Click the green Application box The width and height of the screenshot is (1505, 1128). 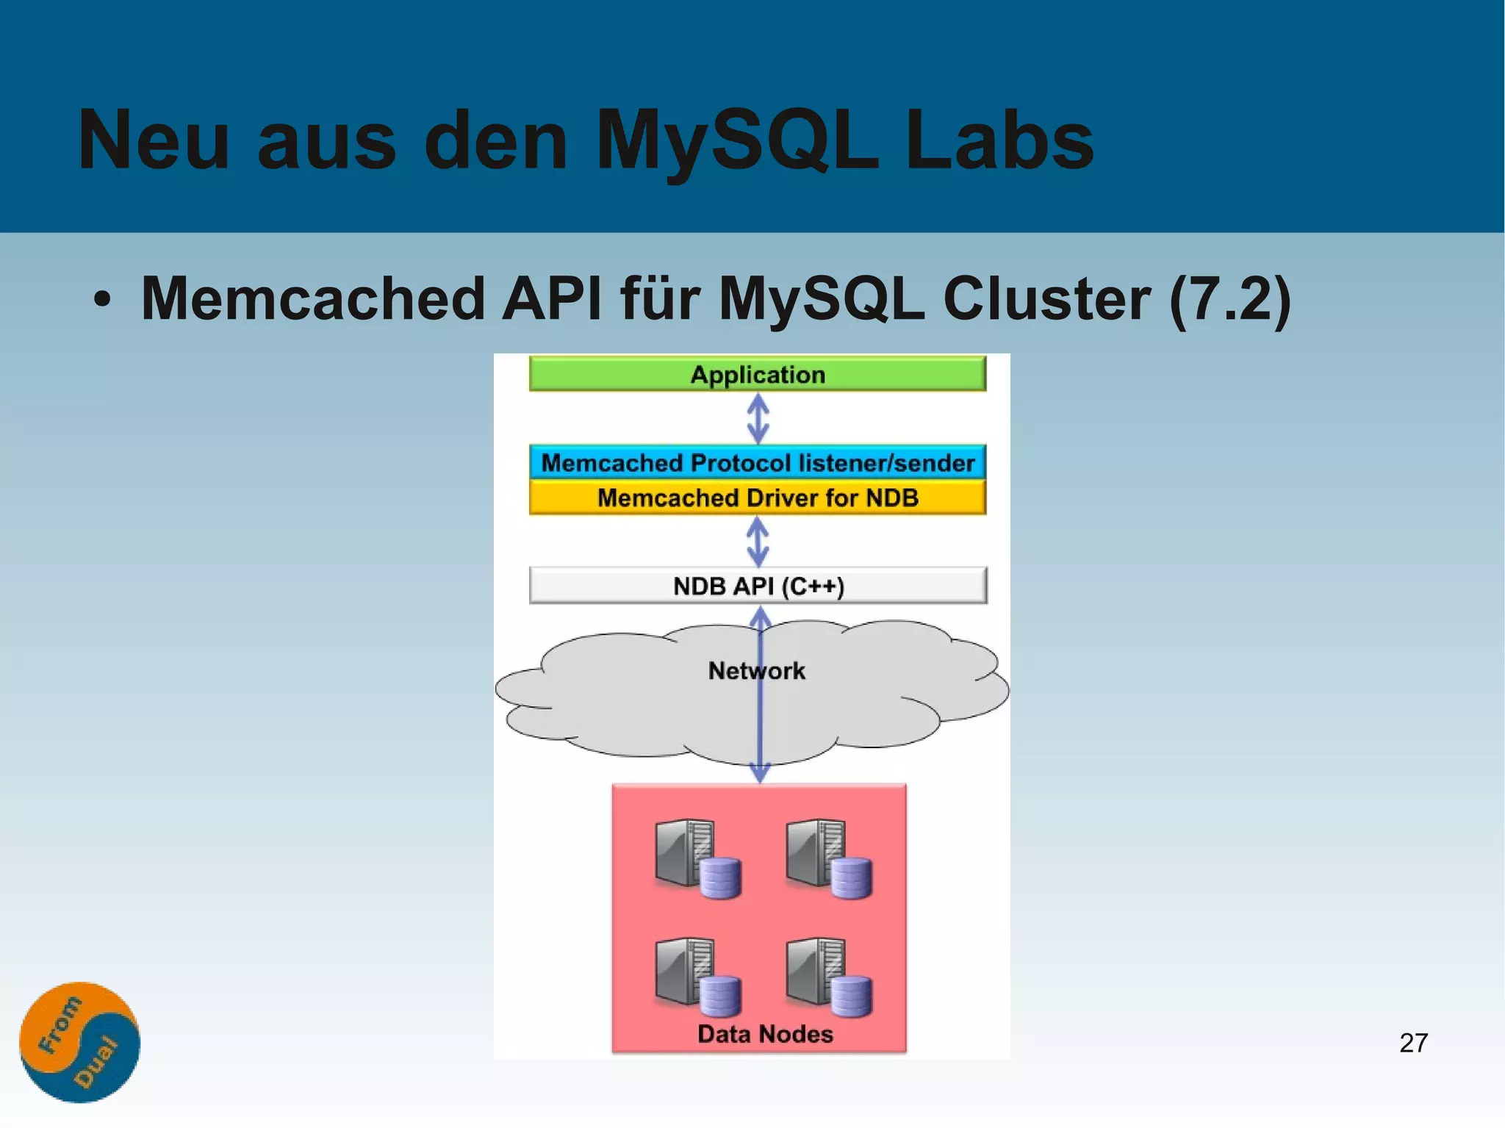757,374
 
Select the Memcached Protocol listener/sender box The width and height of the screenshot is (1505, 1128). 757,463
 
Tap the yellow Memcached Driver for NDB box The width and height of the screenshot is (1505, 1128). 757,497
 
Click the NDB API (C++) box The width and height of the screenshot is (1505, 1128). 758,586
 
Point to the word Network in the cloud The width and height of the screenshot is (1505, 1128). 756,670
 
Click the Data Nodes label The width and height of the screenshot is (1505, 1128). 764,1034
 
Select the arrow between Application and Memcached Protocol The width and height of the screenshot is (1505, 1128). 758,418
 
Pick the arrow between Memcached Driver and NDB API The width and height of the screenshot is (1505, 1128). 758,542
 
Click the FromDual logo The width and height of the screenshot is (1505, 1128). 79,1042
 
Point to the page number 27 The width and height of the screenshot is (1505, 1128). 1413,1043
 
